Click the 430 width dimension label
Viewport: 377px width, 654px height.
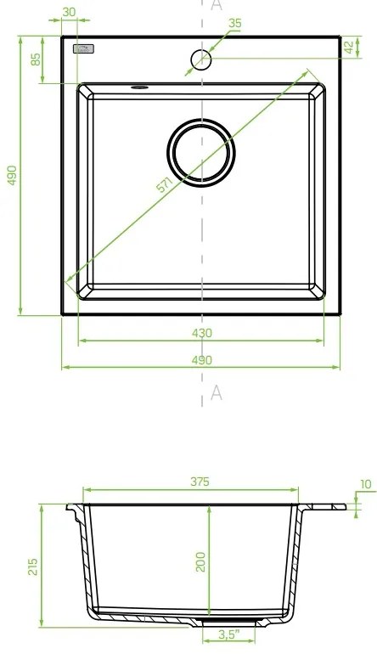pyautogui.click(x=201, y=332)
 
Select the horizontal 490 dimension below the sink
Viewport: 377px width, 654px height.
pyautogui.click(x=201, y=360)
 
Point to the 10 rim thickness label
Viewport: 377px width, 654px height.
pyautogui.click(x=365, y=485)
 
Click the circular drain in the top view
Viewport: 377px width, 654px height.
pyautogui.click(x=201, y=152)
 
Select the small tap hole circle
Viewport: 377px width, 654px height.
pyautogui.click(x=201, y=59)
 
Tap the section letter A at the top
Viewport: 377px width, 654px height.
pyautogui.click(x=216, y=5)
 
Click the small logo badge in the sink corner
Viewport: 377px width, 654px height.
pyautogui.click(x=86, y=51)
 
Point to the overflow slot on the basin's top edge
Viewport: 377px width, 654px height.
pyautogui.click(x=140, y=86)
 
